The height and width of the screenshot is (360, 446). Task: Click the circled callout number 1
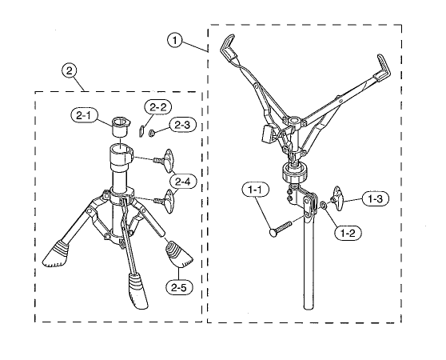175,41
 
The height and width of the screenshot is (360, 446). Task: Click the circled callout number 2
70,70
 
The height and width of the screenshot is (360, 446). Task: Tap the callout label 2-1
84,115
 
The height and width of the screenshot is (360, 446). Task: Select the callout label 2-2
158,107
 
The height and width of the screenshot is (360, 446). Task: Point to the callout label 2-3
183,125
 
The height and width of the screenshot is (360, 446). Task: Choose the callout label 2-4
183,182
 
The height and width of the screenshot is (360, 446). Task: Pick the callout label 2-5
179,287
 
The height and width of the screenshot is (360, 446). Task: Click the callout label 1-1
255,190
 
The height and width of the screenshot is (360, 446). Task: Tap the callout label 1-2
348,234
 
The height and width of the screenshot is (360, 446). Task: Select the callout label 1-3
376,199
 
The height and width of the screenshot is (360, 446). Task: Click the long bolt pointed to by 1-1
281,228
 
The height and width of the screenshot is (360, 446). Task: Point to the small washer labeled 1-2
323,204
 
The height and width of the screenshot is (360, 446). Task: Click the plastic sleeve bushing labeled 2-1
121,127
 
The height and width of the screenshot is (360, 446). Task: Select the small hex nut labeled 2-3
151,132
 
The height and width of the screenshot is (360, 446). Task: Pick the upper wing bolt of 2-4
165,160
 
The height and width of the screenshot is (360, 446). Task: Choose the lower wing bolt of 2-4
165,201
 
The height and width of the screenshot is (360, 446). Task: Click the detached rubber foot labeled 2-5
178,254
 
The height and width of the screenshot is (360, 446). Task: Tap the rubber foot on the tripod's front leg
137,291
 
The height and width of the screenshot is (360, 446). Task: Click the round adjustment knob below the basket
295,172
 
